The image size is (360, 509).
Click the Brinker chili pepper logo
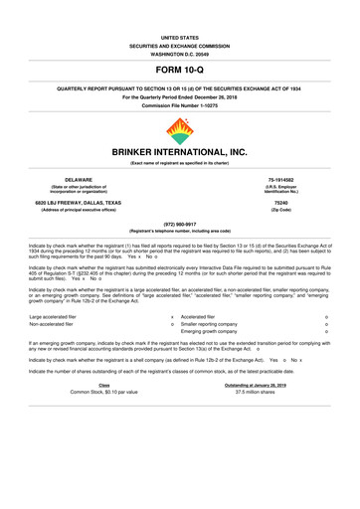[180, 131]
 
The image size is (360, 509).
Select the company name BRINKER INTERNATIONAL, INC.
[180, 153]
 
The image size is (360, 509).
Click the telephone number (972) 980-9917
[180, 224]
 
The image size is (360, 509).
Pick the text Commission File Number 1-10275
[180, 105]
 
